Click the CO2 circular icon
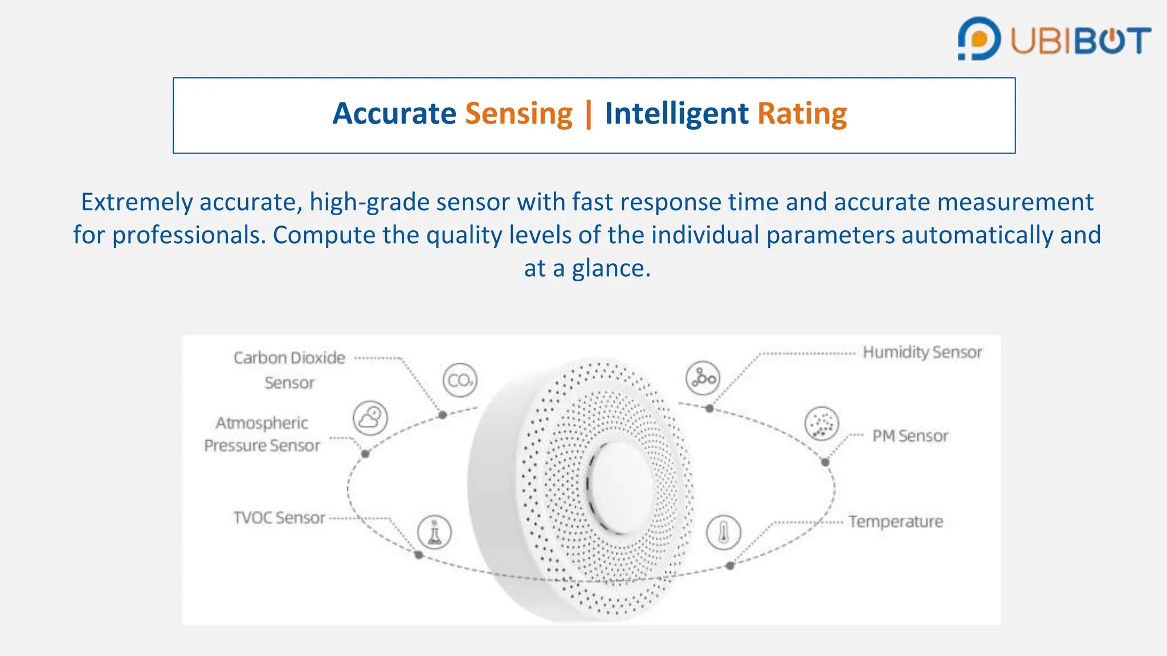point(460,380)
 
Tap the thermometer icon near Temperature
point(724,533)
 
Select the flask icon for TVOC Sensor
point(434,532)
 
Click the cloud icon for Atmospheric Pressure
point(370,418)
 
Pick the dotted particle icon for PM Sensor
point(822,424)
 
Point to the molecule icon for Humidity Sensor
point(703,378)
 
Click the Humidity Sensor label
point(922,352)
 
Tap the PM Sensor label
point(910,436)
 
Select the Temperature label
point(895,522)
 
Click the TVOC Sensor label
point(279,518)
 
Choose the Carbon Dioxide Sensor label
point(289,370)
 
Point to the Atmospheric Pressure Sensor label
point(262,434)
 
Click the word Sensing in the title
point(519,114)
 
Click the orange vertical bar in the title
point(589,114)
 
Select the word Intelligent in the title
point(676,114)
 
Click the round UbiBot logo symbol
point(979,39)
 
